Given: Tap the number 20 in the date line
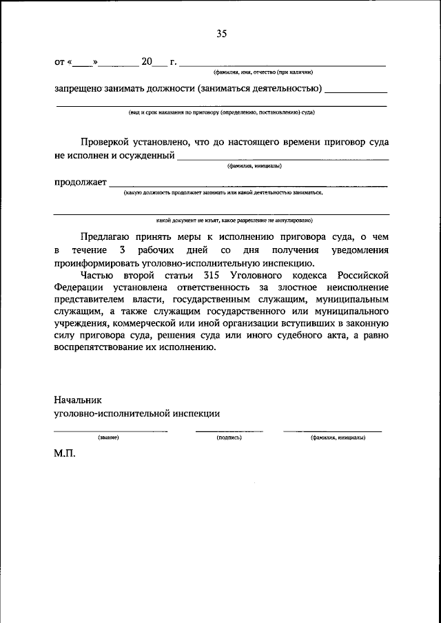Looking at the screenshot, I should [146, 62].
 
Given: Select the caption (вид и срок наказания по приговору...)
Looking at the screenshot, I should [221, 112].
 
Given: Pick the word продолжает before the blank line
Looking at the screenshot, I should [80, 182].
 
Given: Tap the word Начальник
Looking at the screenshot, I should [78, 400].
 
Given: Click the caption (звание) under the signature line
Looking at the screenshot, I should [110, 438].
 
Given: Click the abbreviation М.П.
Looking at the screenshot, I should [65, 456].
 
